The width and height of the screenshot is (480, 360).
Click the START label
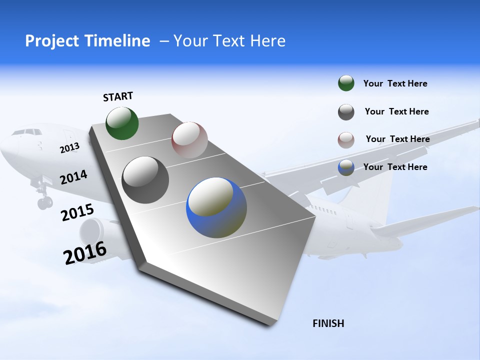pyautogui.click(x=118, y=96)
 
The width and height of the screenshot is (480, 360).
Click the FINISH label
pyautogui.click(x=328, y=323)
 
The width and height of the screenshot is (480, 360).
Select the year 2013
pyautogui.click(x=69, y=148)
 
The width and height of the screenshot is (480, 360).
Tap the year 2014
pyautogui.click(x=73, y=177)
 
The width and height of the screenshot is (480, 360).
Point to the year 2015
pyautogui.click(x=77, y=212)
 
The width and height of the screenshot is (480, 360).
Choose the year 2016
pyautogui.click(x=85, y=252)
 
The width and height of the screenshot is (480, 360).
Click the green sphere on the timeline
pyautogui.click(x=122, y=123)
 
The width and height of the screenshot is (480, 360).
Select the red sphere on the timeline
pyautogui.click(x=189, y=139)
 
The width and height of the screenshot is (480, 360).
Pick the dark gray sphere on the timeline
pyautogui.click(x=145, y=179)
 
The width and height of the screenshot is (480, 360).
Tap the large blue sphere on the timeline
pyautogui.click(x=216, y=207)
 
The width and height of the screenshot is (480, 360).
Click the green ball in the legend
pyautogui.click(x=346, y=83)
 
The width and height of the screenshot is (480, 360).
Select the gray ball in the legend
pyautogui.click(x=346, y=111)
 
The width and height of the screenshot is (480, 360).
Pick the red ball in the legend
pyautogui.click(x=346, y=139)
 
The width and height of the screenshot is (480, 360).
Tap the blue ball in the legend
pyautogui.click(x=346, y=167)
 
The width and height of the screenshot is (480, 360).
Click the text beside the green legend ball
pyautogui.click(x=395, y=83)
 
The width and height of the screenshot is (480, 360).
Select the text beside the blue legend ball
pyautogui.click(x=395, y=167)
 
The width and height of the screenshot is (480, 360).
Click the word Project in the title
pyautogui.click(x=48, y=41)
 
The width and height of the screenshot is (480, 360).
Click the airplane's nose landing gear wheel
pyautogui.click(x=44, y=202)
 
